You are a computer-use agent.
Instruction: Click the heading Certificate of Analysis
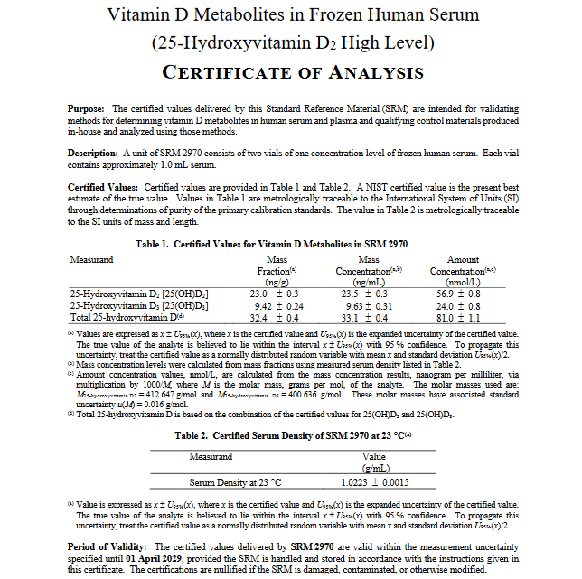click(291, 72)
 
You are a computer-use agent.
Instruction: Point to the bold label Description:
click(94, 154)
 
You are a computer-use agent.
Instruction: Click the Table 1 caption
click(284, 244)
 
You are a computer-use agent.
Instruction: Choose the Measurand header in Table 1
click(91, 260)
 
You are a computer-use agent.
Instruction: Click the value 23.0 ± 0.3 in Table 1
click(274, 294)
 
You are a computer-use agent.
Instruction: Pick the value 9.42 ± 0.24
click(275, 306)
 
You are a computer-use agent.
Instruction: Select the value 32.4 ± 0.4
click(274, 318)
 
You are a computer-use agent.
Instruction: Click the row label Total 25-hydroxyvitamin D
click(127, 318)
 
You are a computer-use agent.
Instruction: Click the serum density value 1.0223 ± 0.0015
click(374, 482)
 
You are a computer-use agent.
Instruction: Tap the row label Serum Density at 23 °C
click(235, 482)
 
